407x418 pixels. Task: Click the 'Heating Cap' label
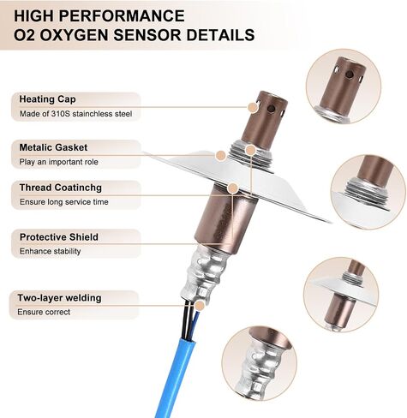click(47, 99)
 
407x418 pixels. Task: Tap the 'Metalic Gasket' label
click(53, 147)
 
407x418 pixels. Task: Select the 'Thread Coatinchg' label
click(61, 188)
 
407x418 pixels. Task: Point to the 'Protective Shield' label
click(59, 237)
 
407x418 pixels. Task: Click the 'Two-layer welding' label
click(59, 298)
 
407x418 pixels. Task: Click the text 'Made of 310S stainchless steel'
click(75, 114)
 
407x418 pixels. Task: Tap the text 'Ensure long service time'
click(64, 202)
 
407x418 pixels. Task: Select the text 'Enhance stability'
click(50, 251)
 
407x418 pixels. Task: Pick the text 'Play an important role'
click(58, 162)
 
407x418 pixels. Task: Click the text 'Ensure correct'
click(44, 312)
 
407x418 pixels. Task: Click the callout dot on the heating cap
click(253, 107)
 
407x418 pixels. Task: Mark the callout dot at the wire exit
click(201, 306)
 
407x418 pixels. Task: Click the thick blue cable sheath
click(172, 377)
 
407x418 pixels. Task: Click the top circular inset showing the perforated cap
click(344, 87)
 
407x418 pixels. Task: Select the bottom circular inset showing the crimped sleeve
click(260, 363)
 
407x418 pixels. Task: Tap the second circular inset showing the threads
click(368, 192)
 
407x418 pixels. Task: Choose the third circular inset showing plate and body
click(341, 295)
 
